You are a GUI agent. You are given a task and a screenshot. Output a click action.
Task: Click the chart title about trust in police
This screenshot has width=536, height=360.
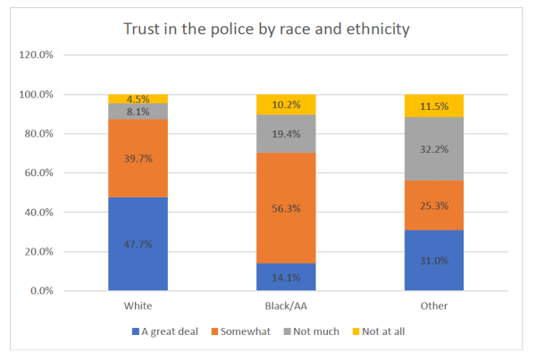pyautogui.click(x=266, y=29)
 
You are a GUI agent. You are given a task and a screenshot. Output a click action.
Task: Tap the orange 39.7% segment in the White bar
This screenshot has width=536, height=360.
pyautogui.click(x=138, y=158)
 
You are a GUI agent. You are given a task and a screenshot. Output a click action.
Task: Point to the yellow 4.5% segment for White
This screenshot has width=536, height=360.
pyautogui.click(x=138, y=98)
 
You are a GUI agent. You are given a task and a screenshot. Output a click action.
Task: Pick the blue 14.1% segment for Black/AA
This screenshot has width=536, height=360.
pyautogui.click(x=285, y=277)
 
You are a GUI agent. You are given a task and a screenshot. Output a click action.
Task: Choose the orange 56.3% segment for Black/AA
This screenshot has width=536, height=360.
pyautogui.click(x=285, y=207)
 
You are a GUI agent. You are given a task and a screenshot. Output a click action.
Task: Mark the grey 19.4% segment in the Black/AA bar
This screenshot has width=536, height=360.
pyautogui.click(x=285, y=133)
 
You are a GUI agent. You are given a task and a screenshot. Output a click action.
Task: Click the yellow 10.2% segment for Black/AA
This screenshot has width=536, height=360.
pyautogui.click(x=285, y=104)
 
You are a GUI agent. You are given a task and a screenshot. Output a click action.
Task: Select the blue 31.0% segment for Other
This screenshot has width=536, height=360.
pyautogui.click(x=434, y=260)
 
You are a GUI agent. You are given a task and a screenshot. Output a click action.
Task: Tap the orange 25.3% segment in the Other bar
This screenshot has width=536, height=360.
pyautogui.click(x=434, y=205)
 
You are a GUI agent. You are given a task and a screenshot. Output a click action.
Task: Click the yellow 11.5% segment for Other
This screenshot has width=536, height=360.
pyautogui.click(x=434, y=105)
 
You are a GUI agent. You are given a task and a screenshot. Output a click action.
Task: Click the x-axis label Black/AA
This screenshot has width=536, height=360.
pyautogui.click(x=285, y=306)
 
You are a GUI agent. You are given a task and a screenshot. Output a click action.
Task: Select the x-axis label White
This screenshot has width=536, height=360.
pyautogui.click(x=138, y=306)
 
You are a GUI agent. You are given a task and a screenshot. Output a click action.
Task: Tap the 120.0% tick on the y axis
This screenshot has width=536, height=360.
pyautogui.click(x=37, y=55)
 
